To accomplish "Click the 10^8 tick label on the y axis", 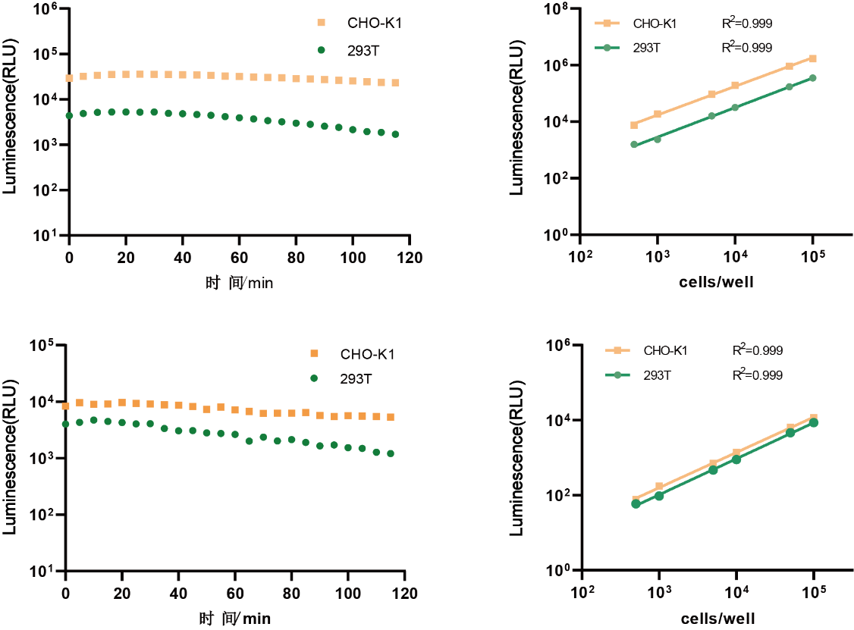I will [x=560, y=10].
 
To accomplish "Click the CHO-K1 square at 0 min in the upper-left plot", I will [x=69, y=78].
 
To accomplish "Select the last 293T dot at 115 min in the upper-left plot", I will [x=395, y=134].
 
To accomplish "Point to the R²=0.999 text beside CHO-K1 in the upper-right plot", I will [x=746, y=24].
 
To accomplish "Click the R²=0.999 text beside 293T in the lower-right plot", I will [x=757, y=375].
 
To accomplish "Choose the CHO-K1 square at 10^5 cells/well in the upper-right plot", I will [x=812, y=58].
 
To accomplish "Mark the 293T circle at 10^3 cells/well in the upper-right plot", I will [x=658, y=139].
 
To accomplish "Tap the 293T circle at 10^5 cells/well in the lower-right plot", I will [x=814, y=422].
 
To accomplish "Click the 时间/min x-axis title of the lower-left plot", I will [x=236, y=619].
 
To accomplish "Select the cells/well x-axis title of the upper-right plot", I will [x=716, y=282].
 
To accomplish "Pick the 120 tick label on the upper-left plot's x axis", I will [x=409, y=256].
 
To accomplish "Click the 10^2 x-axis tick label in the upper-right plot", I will [x=581, y=255].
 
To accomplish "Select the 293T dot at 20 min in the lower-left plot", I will [x=122, y=422].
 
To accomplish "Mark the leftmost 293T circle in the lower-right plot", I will [x=636, y=503].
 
